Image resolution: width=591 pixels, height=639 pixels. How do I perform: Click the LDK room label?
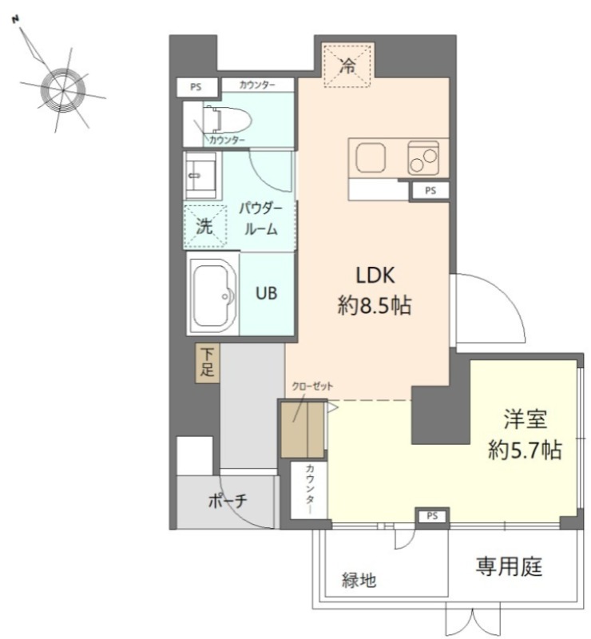(375, 276)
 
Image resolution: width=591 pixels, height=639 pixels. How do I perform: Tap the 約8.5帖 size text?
(375, 305)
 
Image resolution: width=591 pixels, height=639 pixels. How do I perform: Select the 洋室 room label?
(526, 419)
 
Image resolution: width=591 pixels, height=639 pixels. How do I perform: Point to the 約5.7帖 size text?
(525, 450)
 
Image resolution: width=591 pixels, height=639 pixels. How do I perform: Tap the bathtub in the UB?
(213, 294)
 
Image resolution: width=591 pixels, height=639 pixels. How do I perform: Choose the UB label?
(267, 293)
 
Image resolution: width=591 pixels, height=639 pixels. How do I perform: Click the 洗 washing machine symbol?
(204, 227)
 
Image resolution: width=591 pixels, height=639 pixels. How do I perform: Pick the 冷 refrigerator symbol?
(347, 65)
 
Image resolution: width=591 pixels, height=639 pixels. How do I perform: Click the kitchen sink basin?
(371, 157)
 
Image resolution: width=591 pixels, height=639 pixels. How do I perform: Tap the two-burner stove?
(423, 158)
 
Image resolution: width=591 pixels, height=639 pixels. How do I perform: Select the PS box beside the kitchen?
(430, 190)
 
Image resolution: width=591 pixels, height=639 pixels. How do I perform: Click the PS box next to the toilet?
(196, 87)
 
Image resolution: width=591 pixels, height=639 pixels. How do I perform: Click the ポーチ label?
(228, 501)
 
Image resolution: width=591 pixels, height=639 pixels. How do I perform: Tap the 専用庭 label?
(509, 566)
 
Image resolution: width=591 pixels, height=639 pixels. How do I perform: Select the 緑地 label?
(359, 580)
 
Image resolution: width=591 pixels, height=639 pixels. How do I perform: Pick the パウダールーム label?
(261, 219)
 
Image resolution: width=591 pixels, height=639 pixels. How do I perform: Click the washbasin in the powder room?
(200, 175)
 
